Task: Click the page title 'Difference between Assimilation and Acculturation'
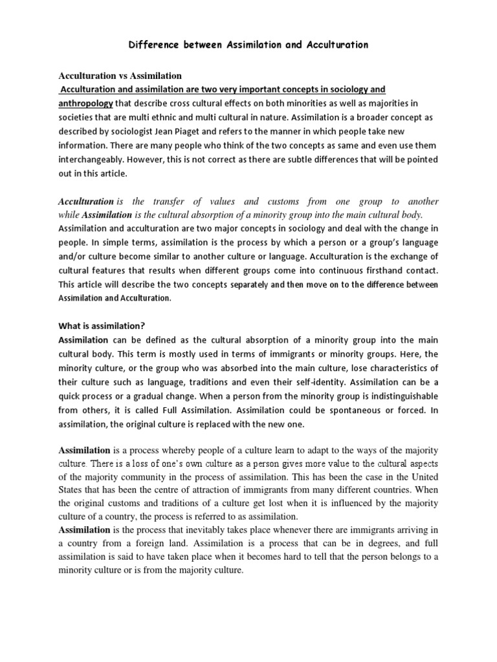248,45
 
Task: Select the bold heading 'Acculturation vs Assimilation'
120,76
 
